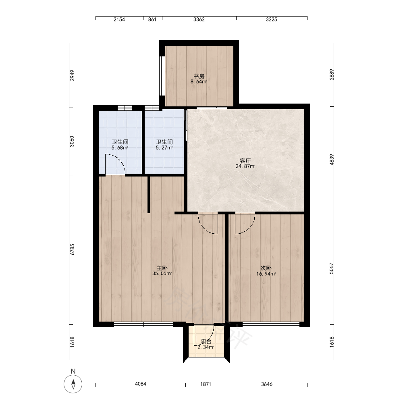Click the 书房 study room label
click(199, 76)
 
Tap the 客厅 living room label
click(245, 161)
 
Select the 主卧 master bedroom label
click(162, 268)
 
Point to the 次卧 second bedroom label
click(266, 268)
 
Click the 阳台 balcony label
click(206, 342)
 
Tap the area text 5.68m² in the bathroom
click(120, 148)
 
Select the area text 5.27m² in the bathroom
click(164, 148)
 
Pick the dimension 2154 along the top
click(119, 19)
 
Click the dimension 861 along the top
click(152, 19)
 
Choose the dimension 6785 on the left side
click(72, 249)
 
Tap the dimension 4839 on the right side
click(332, 159)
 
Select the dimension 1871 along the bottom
click(206, 384)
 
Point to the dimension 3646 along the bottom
click(267, 384)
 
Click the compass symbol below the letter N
click(73, 384)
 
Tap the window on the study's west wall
click(162, 76)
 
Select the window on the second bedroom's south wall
click(271, 324)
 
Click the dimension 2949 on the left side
click(72, 75)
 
